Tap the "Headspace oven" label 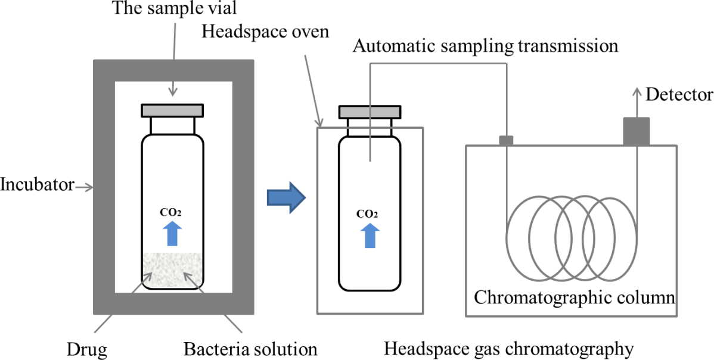[x=265, y=31]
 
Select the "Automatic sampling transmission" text [x=485, y=46]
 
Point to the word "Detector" [x=679, y=94]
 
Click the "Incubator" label [x=37, y=185]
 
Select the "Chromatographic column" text [x=575, y=296]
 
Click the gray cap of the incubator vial [x=172, y=110]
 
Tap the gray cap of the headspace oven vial [x=369, y=112]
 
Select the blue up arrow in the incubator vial [x=172, y=233]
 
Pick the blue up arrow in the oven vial [x=370, y=235]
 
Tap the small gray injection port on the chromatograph [x=505, y=141]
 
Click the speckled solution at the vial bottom [x=172, y=269]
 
